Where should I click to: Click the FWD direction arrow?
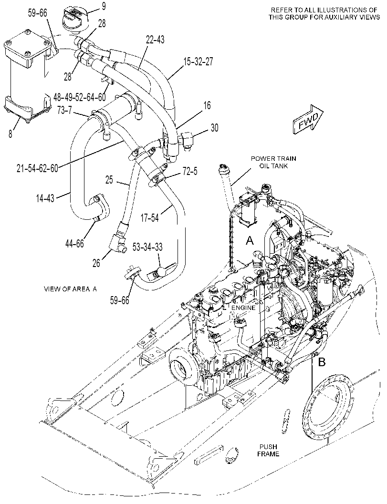click(x=308, y=119)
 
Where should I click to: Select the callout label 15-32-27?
click(x=199, y=62)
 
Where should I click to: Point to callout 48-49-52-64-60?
click(x=80, y=96)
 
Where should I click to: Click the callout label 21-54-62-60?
click(x=38, y=168)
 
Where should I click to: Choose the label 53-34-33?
click(x=148, y=247)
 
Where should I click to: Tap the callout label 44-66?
click(x=74, y=243)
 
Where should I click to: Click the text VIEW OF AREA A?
click(x=70, y=289)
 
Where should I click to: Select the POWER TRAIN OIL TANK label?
click(x=273, y=162)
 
